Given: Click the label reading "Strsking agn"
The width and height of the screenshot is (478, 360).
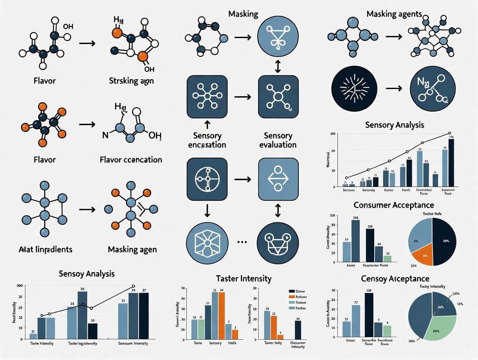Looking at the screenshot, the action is pyautogui.click(x=131, y=80).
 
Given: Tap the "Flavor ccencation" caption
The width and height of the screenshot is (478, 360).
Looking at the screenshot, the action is pyautogui.click(x=131, y=159).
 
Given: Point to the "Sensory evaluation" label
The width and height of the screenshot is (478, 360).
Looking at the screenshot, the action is pyautogui.click(x=278, y=140).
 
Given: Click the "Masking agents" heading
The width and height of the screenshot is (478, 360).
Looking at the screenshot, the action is pyautogui.click(x=394, y=14).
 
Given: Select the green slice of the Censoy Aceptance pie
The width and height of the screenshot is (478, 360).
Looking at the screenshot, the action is pyautogui.click(x=439, y=331).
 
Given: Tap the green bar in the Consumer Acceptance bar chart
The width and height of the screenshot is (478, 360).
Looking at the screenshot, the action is pyautogui.click(x=388, y=259).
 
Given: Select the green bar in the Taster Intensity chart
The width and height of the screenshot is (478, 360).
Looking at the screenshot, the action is pyautogui.click(x=201, y=328).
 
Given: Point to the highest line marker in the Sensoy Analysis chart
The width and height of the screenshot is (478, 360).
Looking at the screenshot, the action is pyautogui.click(x=133, y=286).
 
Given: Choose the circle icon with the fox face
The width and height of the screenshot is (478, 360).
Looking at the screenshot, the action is pyautogui.click(x=278, y=241).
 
